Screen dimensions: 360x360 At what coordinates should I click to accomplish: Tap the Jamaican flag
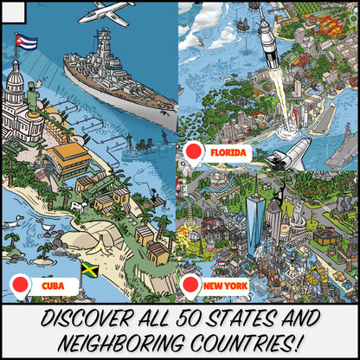coord(89,268)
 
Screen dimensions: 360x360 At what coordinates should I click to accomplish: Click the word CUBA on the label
coord(53,285)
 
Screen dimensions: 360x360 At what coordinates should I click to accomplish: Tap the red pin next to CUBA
coord(20,284)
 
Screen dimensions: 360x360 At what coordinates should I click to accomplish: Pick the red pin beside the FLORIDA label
coord(195,153)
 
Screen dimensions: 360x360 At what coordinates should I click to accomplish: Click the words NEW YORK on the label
coord(225,285)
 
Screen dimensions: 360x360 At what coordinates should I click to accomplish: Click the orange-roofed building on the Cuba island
coord(69,159)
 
